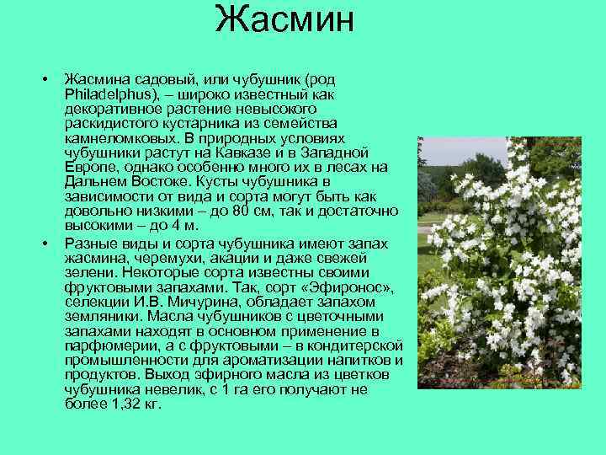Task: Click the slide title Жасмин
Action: [284, 19]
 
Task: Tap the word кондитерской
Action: [353, 345]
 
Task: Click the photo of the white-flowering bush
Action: [500, 262]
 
